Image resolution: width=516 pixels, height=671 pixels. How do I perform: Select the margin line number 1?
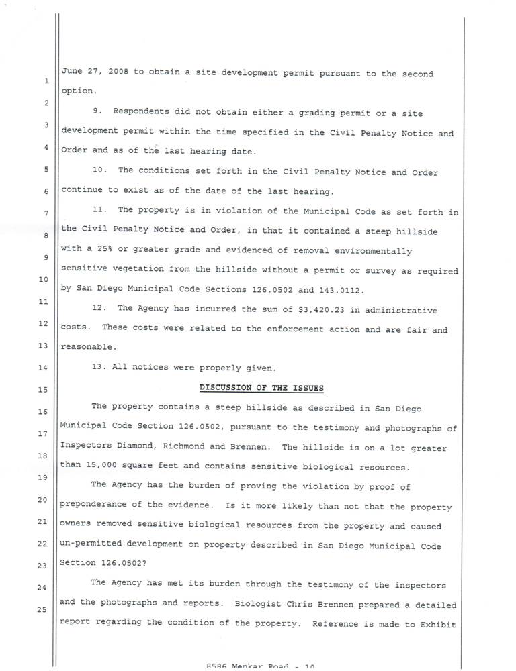45,82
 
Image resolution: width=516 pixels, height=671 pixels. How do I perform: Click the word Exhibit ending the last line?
437,622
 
